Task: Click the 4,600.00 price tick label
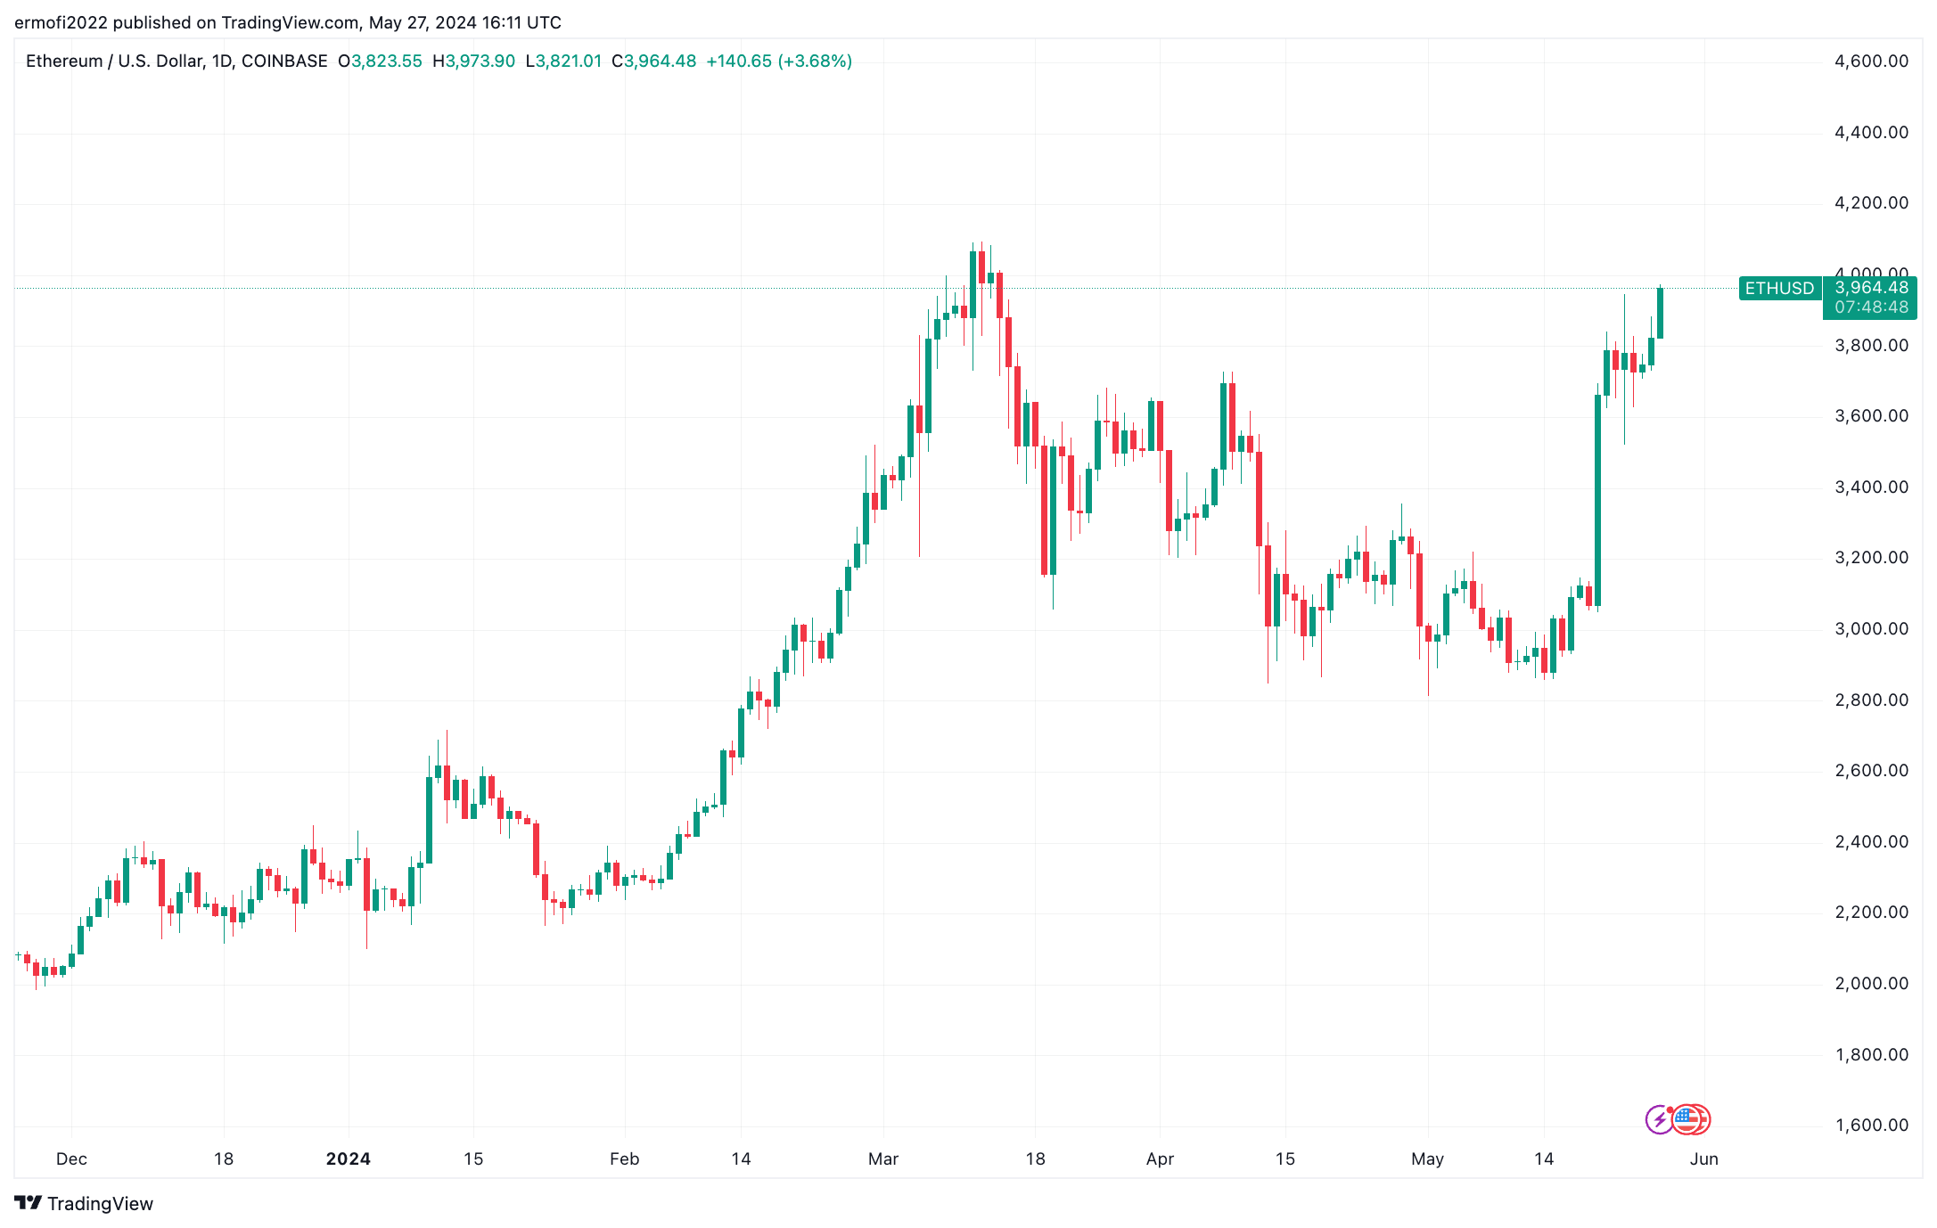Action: pyautogui.click(x=1871, y=61)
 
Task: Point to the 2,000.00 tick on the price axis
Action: pyautogui.click(x=1871, y=983)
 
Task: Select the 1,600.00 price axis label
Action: pyautogui.click(x=1871, y=1125)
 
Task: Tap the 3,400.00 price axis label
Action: pyautogui.click(x=1871, y=487)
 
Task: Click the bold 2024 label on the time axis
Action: pyautogui.click(x=348, y=1158)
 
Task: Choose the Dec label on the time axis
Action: pyautogui.click(x=71, y=1158)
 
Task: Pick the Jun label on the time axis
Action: pyautogui.click(x=1703, y=1158)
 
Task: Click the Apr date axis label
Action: pyautogui.click(x=1160, y=1158)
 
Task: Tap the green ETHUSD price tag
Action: pyautogui.click(x=1779, y=288)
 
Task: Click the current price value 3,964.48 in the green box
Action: pyautogui.click(x=1871, y=287)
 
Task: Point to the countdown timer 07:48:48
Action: pyautogui.click(x=1871, y=307)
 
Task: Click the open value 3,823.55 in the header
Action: pyautogui.click(x=386, y=61)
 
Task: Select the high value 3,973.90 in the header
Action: pyautogui.click(x=480, y=61)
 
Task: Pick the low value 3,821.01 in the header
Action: pyautogui.click(x=568, y=61)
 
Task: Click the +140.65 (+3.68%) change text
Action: pyautogui.click(x=778, y=61)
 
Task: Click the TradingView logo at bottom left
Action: pyautogui.click(x=85, y=1203)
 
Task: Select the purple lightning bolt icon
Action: pyautogui.click(x=1659, y=1119)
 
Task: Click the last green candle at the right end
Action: pyautogui.click(x=1660, y=313)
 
